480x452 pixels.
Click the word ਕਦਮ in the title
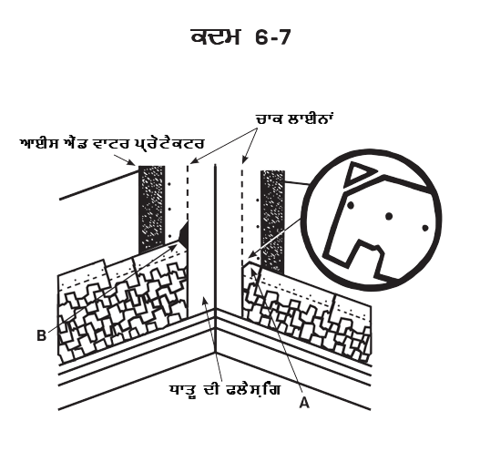pyautogui.click(x=215, y=37)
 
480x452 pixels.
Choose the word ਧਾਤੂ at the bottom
pyautogui.click(x=183, y=390)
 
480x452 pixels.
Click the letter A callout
pyautogui.click(x=304, y=402)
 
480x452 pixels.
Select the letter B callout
pyautogui.click(x=41, y=335)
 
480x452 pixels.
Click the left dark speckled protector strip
pyautogui.click(x=152, y=209)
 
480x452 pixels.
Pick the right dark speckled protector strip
pyautogui.click(x=272, y=222)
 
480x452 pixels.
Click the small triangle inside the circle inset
pyautogui.click(x=358, y=174)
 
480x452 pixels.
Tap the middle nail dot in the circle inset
pyautogui.click(x=389, y=217)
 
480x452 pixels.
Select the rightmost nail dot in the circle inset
pyautogui.click(x=425, y=228)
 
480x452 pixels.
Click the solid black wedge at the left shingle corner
pyautogui.click(x=184, y=232)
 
